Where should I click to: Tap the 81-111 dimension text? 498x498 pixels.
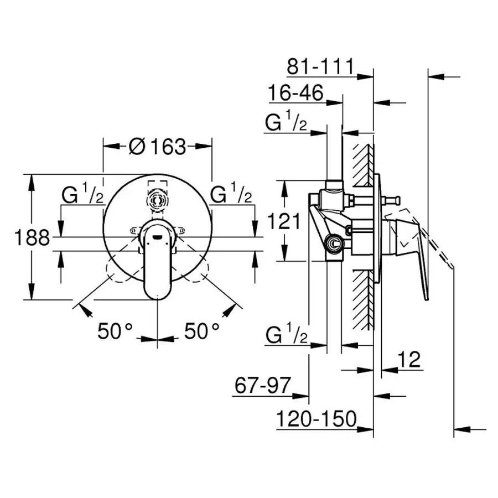[x=320, y=67]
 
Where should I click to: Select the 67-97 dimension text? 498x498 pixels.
[x=261, y=386]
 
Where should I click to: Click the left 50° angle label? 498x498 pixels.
[x=116, y=331]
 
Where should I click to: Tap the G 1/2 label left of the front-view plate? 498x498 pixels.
[x=82, y=195]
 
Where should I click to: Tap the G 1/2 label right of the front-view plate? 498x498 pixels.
[x=232, y=195]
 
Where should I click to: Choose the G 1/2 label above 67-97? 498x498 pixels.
[x=286, y=336]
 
